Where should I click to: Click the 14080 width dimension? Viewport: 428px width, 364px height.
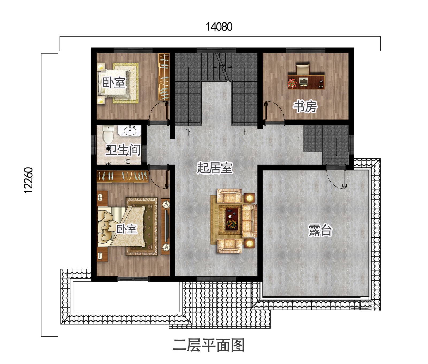[219, 27]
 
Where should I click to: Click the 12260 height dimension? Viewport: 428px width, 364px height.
[28, 180]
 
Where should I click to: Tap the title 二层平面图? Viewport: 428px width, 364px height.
[209, 345]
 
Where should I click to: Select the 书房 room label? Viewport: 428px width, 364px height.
[305, 106]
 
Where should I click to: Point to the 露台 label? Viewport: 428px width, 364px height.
[320, 230]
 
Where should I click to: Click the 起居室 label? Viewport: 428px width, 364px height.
[215, 168]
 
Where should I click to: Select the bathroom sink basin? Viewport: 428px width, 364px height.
[131, 131]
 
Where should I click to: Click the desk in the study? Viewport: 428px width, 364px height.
[306, 82]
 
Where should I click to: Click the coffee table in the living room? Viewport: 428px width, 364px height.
[232, 219]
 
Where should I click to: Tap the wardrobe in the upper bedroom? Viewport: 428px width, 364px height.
[164, 77]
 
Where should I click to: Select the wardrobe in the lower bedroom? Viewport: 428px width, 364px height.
[123, 176]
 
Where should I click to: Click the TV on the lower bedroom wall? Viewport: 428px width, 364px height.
[167, 226]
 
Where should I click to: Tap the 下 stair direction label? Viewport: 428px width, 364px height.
[189, 132]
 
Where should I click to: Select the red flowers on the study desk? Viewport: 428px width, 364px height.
[292, 83]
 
